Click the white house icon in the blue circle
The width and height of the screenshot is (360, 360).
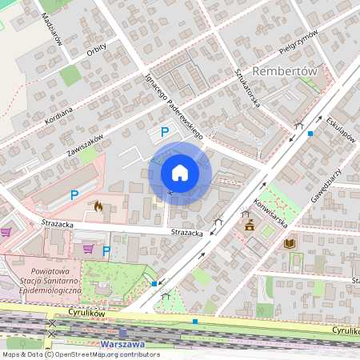pyautogui.click(x=180, y=173)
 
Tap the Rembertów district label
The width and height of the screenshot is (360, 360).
pyautogui.click(x=286, y=70)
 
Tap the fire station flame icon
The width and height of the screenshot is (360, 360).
pyautogui.click(x=98, y=206)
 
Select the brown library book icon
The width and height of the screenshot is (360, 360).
pyautogui.click(x=290, y=242)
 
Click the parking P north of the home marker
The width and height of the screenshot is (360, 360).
pyautogui.click(x=165, y=132)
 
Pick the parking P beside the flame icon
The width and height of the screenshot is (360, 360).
pyautogui.click(x=74, y=194)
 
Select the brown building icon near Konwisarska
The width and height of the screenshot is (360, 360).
pyautogui.click(x=249, y=225)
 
